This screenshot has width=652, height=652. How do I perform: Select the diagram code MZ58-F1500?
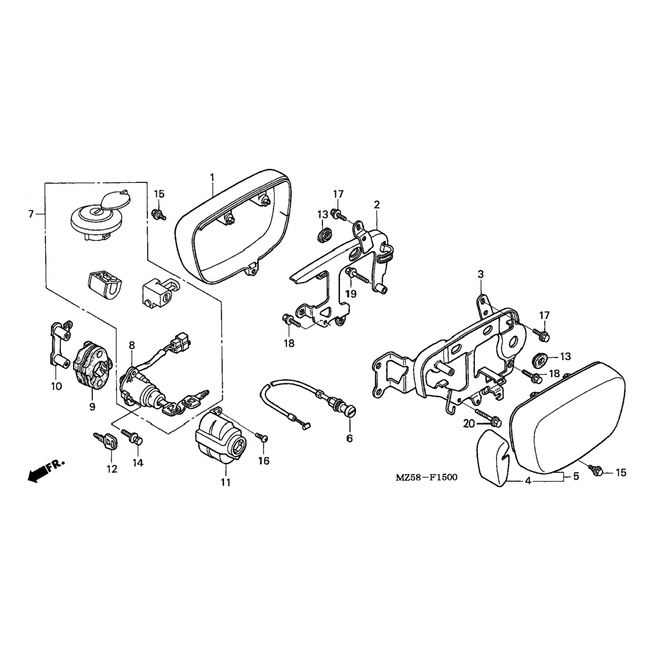coord(426,477)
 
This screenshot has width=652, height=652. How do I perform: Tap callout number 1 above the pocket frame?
coord(212,177)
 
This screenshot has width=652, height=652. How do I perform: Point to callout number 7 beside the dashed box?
coord(31,214)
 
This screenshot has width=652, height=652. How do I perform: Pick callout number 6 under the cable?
coord(350,439)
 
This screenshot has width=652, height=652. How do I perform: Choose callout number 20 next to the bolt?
coord(469,423)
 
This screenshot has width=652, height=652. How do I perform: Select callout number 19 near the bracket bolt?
coord(351,294)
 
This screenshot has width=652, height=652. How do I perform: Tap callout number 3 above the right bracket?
coord(481,274)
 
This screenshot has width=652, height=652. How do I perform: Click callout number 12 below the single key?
coord(112,469)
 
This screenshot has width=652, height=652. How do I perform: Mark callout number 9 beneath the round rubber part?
coord(92,406)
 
